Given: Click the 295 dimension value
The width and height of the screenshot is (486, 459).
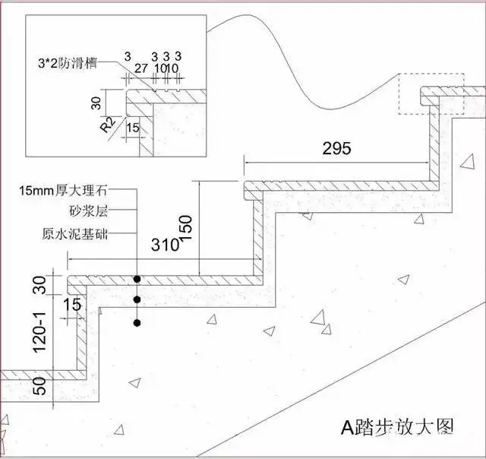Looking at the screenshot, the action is (x=337, y=148).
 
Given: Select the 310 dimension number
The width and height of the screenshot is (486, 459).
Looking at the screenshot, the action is (x=166, y=245).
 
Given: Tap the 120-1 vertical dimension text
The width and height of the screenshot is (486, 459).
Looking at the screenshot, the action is (x=39, y=332).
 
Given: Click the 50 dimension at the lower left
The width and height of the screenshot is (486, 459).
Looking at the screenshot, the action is (x=39, y=386).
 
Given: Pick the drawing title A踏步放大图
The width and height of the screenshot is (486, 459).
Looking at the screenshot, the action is (x=397, y=428).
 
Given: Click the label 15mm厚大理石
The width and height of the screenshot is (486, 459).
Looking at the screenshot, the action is (x=63, y=190).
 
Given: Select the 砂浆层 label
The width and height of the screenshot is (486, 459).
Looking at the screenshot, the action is (x=88, y=211).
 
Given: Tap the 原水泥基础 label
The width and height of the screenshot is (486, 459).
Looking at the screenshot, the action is (x=75, y=234).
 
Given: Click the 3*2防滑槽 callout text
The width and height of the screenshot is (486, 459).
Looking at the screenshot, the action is (x=68, y=64).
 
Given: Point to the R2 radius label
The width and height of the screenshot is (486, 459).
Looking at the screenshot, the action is (x=108, y=125).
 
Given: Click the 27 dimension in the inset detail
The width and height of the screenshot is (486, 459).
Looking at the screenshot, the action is (x=140, y=68).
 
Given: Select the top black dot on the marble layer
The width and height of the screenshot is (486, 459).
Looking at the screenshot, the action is (x=137, y=280).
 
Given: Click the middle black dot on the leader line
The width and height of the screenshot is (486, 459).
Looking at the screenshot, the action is (x=137, y=299).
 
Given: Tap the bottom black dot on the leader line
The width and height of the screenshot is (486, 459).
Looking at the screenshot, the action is (x=137, y=323).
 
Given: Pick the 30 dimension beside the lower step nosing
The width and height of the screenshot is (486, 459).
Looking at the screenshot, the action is (x=39, y=285).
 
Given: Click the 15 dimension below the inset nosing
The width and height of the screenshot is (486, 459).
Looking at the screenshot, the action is (x=134, y=128).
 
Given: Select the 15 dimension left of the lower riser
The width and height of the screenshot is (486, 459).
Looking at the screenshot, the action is (x=73, y=304).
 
